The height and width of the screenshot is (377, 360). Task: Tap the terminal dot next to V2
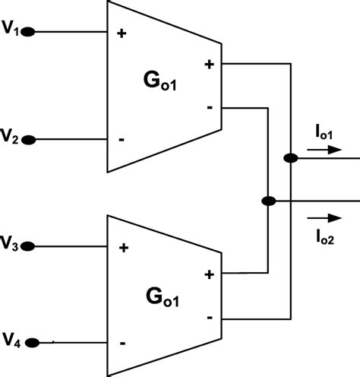(28, 139)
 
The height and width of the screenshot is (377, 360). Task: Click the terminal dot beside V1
(28, 32)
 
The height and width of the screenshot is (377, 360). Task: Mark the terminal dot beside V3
(28, 246)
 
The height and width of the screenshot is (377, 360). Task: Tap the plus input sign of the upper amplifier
(122, 33)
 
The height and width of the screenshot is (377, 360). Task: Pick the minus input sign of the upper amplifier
(122, 140)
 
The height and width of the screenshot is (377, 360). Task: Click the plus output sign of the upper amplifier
(209, 65)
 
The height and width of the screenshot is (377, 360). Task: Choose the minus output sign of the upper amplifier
(209, 108)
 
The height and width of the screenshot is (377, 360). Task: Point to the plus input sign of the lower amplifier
(122, 248)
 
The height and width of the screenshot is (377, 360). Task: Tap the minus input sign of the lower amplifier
(122, 343)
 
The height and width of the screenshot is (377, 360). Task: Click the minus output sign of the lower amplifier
(209, 315)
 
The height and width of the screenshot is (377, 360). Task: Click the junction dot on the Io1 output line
(290, 158)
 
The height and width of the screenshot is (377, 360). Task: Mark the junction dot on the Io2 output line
(267, 201)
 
